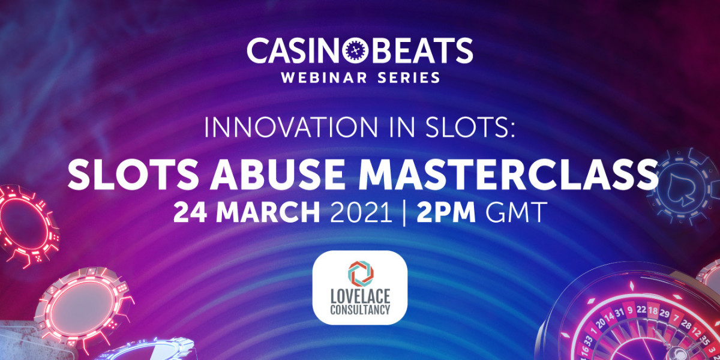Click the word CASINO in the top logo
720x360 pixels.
coord(294,50)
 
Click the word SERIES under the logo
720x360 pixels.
coord(409,77)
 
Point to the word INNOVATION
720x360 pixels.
coord(291,128)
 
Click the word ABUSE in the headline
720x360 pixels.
coord(277,175)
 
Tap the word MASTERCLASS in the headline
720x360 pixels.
coord(508,175)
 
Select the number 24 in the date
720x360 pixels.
coord(190,212)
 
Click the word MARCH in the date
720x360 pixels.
coord(268,212)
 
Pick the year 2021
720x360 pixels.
coord(361,212)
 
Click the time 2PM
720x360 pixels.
coord(446,212)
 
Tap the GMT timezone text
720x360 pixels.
coord(516,212)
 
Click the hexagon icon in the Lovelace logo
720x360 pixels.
coord(361,274)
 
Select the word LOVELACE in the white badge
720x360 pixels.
coord(360,296)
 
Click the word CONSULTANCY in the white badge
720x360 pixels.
coord(360,310)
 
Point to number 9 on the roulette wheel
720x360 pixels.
coord(629,310)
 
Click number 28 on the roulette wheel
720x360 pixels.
coord(686,325)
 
